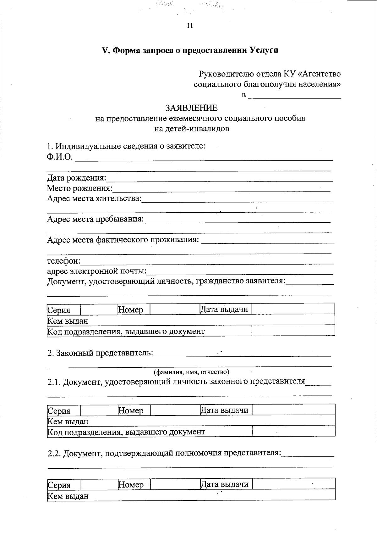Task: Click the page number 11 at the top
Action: click(x=189, y=26)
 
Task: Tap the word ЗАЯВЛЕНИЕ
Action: click(x=191, y=108)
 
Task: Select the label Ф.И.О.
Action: click(x=60, y=157)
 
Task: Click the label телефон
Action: click(x=64, y=261)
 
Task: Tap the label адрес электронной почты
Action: click(x=97, y=271)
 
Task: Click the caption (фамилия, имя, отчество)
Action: click(x=191, y=372)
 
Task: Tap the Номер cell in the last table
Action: click(x=131, y=485)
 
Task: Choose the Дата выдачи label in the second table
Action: click(x=224, y=410)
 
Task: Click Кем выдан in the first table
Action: click(x=68, y=321)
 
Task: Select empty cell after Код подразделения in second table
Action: click(x=293, y=431)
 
